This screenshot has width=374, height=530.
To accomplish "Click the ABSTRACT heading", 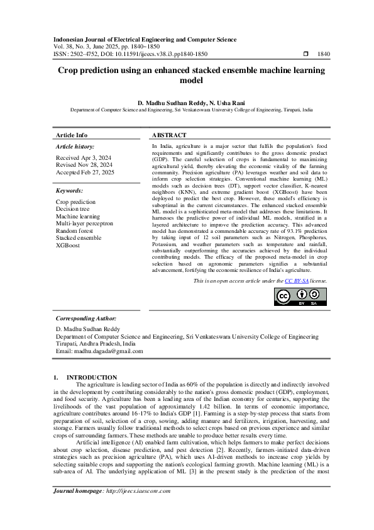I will [169, 135].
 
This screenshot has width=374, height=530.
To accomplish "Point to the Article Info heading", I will [72, 135].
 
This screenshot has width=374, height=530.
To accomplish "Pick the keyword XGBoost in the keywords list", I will [69, 245].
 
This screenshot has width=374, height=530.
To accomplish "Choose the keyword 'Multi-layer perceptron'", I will [84, 223].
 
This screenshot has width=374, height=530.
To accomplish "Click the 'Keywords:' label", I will [70, 190].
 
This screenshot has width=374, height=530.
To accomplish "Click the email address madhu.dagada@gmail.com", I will [102, 351].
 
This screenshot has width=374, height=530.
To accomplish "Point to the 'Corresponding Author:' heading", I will [86, 319].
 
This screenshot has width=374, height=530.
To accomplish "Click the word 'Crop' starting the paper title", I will [70, 71].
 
